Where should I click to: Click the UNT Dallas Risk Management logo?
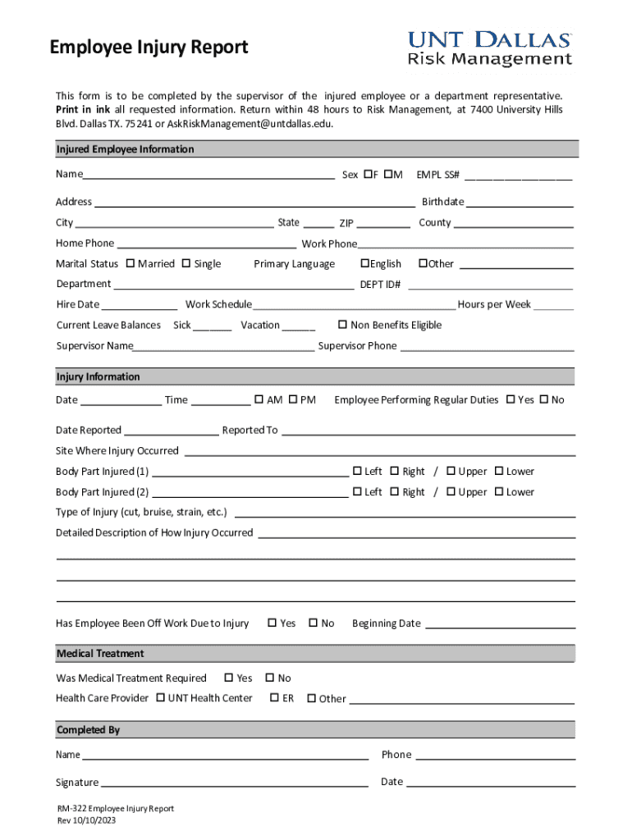click(490, 48)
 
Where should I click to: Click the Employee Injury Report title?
click(149, 48)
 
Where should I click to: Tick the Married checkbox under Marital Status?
click(131, 263)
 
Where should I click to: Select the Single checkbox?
click(186, 263)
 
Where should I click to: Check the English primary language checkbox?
click(364, 263)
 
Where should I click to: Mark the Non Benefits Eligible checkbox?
click(343, 325)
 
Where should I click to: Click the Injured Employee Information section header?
click(125, 149)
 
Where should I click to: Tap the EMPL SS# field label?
click(438, 175)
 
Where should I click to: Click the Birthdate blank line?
click(520, 203)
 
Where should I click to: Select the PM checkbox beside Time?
click(293, 399)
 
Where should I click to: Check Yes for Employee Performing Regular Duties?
click(511, 399)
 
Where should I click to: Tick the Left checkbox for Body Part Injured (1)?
click(358, 471)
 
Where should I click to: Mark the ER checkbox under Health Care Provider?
click(274, 698)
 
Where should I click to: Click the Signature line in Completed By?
click(234, 782)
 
